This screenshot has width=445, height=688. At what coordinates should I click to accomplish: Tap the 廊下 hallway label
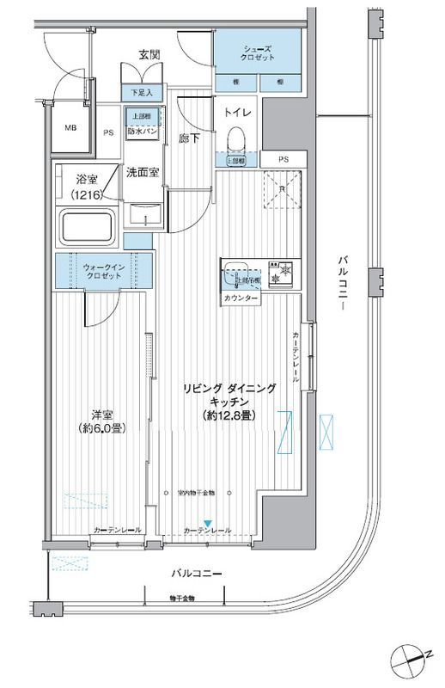click(188, 137)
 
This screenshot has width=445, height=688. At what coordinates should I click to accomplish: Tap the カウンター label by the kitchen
click(241, 298)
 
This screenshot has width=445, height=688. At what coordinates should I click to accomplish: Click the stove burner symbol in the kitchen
click(283, 278)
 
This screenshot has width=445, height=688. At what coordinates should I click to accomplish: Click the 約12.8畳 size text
click(228, 415)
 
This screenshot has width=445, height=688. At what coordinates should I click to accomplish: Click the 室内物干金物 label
click(202, 493)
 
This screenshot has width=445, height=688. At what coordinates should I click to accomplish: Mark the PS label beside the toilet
click(283, 161)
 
